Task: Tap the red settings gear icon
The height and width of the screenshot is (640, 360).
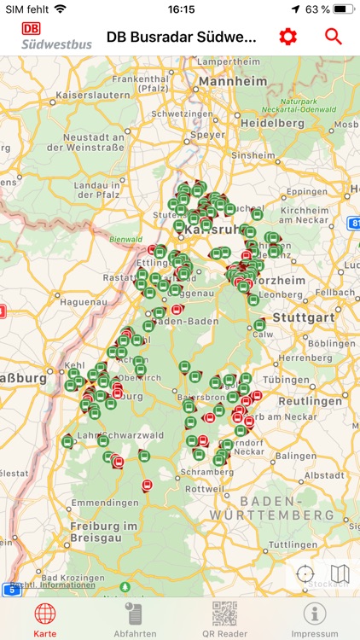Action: [x=288, y=37]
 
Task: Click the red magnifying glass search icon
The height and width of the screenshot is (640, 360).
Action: [x=333, y=37]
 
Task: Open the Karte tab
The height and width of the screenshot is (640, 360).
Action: [x=45, y=619]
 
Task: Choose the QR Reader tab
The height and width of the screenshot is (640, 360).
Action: [x=224, y=619]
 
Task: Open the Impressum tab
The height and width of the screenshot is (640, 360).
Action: [x=315, y=619]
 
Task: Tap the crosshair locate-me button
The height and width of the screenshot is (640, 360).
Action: [x=306, y=574]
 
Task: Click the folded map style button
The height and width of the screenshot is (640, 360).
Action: [x=340, y=574]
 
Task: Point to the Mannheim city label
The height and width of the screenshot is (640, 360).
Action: [x=229, y=84]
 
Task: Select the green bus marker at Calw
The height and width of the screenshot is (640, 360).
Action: [x=260, y=325]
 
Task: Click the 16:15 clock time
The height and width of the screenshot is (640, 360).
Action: [x=180, y=9]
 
